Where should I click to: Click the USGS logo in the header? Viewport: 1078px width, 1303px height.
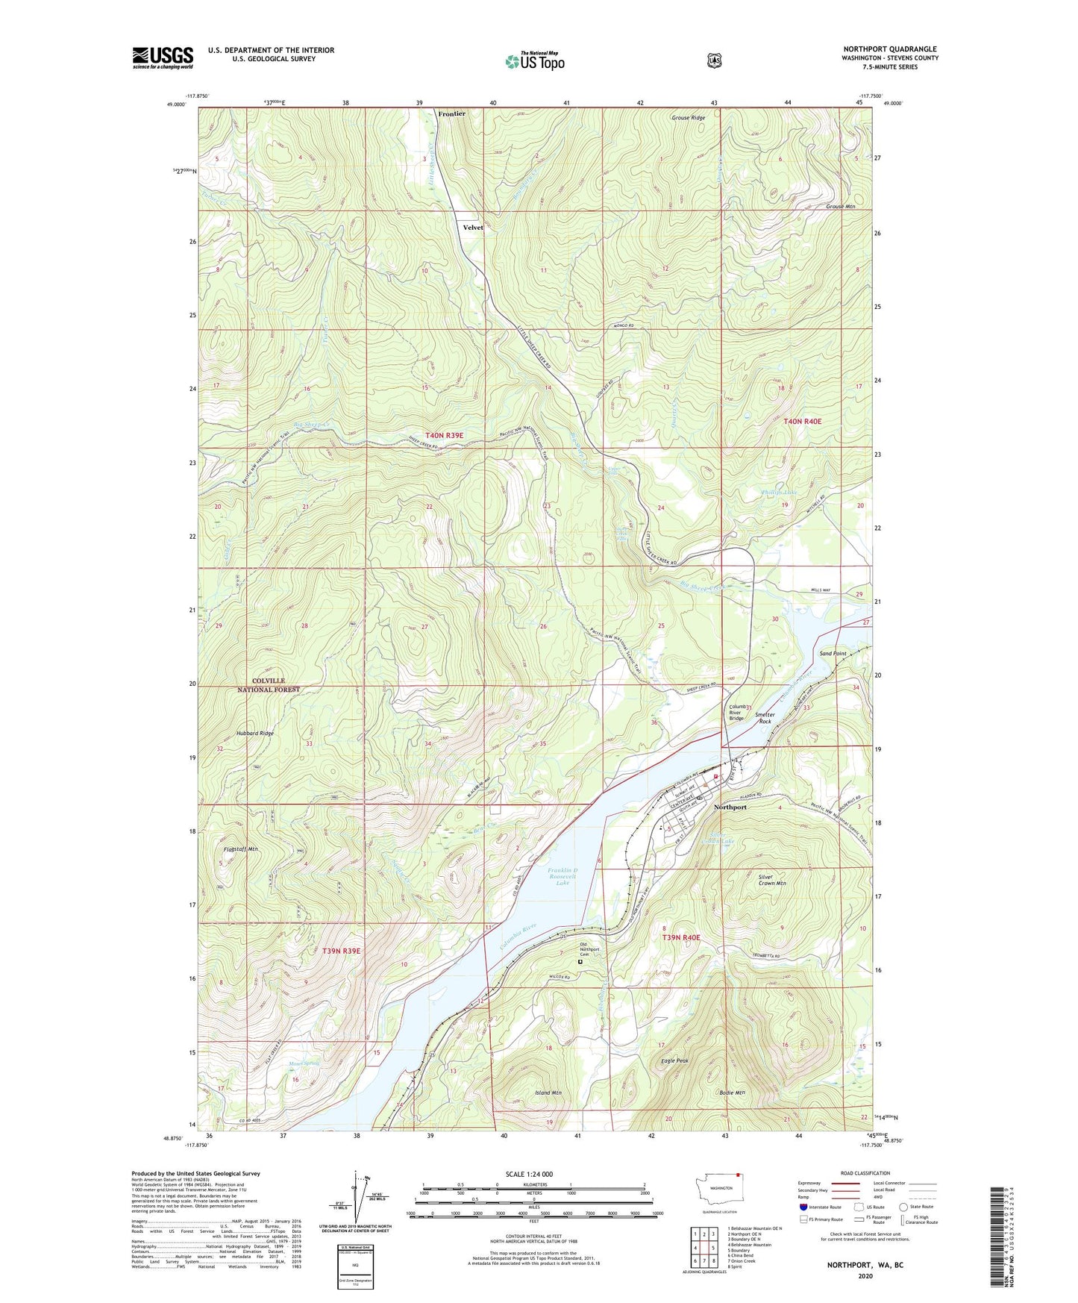pyautogui.click(x=163, y=57)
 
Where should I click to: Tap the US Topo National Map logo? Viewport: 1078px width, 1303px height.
pyautogui.click(x=534, y=61)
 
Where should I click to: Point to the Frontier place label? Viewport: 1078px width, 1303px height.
pyautogui.click(x=451, y=114)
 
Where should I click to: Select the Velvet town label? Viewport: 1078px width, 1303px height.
pyautogui.click(x=473, y=228)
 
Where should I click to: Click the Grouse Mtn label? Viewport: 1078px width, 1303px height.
pyautogui.click(x=839, y=207)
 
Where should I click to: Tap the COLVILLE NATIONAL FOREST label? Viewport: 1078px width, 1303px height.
pyautogui.click(x=269, y=685)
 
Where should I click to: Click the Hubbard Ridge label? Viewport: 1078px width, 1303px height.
pyautogui.click(x=255, y=734)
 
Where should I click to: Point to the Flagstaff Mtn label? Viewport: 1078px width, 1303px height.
pyautogui.click(x=241, y=849)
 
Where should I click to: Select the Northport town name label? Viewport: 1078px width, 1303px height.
pyautogui.click(x=730, y=807)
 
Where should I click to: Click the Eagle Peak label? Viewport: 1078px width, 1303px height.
pyautogui.click(x=674, y=1060)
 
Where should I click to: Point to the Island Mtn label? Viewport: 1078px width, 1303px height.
pyautogui.click(x=548, y=1093)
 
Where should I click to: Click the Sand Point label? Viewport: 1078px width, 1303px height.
pyautogui.click(x=833, y=654)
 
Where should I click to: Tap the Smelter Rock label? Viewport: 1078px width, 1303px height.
pyautogui.click(x=765, y=718)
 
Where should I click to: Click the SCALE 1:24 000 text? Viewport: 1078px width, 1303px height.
pyautogui.click(x=529, y=1174)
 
